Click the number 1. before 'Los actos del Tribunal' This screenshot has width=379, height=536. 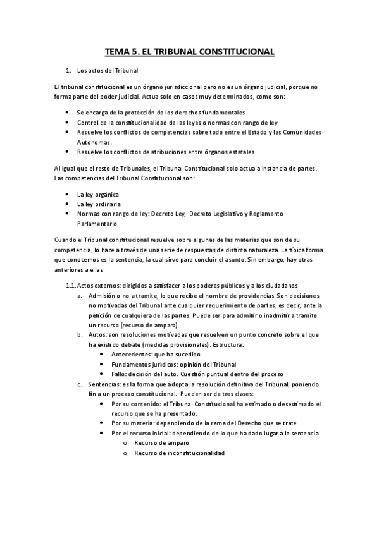tap(69, 70)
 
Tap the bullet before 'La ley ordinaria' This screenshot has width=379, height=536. tap(68, 204)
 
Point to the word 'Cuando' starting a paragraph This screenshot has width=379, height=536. tap(66, 240)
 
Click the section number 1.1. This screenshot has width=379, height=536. tap(71, 285)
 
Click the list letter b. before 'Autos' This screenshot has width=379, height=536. tap(80, 334)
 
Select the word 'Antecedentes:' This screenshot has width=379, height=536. tap(132, 354)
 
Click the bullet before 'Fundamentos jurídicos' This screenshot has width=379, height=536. tap(102, 364)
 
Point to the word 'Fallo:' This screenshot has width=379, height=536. tap(120, 374)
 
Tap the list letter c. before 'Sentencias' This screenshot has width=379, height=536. tap(80, 384)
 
